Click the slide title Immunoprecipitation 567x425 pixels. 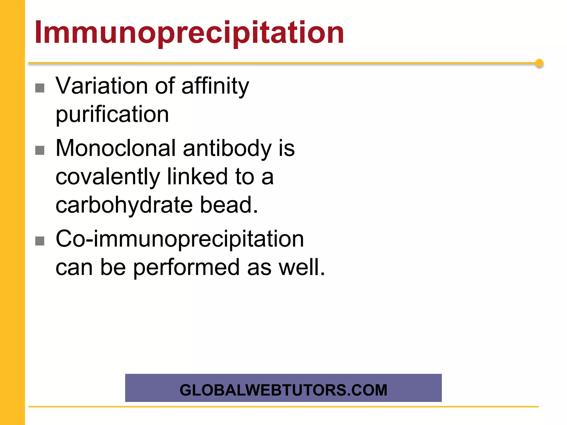189,33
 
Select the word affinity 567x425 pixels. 215,86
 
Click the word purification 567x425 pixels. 112,115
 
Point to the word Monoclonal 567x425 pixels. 115,148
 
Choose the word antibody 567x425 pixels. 227,149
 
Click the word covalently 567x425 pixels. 108,177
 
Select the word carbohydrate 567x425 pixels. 124,205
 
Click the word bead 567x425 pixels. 229,205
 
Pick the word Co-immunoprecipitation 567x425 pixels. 180,239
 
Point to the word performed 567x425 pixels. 186,268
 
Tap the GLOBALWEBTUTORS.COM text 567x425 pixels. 283,390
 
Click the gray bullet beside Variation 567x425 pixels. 40,88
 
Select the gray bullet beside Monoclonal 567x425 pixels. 40,151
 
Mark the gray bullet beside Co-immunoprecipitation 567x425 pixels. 40,241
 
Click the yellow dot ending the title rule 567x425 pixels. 539,63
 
